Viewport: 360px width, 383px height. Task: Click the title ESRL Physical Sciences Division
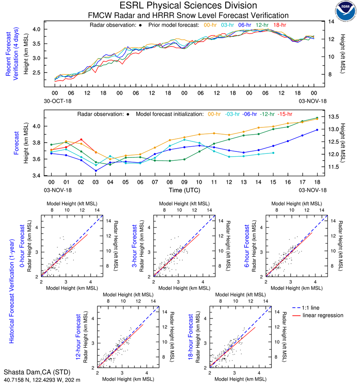point(188,6)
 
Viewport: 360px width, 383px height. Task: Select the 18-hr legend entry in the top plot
point(279,25)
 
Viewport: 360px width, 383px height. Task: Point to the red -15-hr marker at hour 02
point(81,139)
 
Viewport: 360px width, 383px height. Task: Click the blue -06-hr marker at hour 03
point(96,171)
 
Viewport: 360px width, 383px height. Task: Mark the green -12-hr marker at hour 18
point(317,118)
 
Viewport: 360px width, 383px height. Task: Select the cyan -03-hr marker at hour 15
point(273,153)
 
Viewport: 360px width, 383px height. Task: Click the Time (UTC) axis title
point(184,190)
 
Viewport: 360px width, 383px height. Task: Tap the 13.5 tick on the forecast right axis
point(333,117)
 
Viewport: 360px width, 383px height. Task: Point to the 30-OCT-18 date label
point(57,101)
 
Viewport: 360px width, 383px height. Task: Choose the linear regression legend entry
point(323,315)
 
